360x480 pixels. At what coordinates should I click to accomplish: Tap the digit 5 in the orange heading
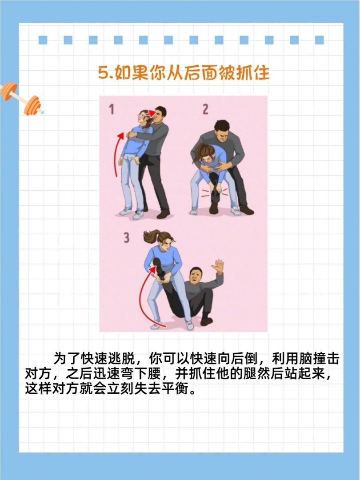tap(103, 73)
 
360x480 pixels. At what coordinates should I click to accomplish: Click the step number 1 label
tap(112, 109)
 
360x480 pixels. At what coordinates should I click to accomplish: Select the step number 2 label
tap(205, 109)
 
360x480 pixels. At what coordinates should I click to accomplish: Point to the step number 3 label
tap(127, 238)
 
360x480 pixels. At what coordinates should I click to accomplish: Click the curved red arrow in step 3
tap(144, 293)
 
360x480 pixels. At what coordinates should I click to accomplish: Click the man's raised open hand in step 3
tap(217, 267)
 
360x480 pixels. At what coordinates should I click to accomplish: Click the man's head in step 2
tap(221, 131)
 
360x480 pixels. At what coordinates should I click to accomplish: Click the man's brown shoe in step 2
tap(247, 210)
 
